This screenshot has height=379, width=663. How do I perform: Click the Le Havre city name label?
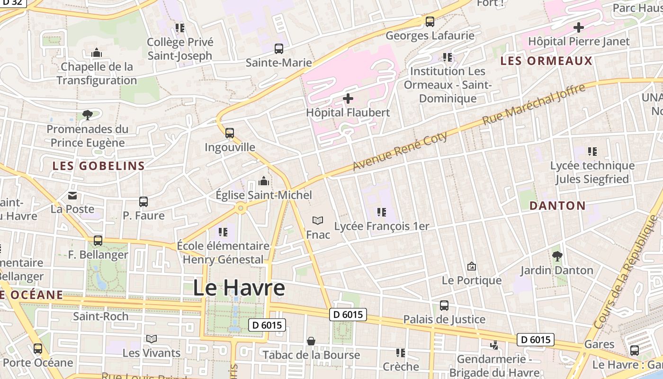click(239, 288)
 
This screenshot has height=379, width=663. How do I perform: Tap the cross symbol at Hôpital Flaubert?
click(348, 99)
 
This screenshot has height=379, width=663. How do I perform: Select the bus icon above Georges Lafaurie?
click(430, 21)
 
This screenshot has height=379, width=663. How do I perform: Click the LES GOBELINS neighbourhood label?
click(99, 166)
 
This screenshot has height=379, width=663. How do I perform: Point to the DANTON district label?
click(557, 206)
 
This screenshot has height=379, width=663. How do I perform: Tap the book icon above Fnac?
click(318, 220)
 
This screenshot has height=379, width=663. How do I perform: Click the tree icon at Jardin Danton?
click(557, 256)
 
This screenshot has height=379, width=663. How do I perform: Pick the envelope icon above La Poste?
click(72, 195)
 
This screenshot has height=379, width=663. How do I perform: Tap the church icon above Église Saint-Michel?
click(264, 181)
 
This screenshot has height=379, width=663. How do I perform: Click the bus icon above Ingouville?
click(230, 133)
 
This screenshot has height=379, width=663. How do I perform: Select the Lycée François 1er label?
click(382, 226)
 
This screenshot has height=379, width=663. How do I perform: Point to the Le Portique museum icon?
click(471, 266)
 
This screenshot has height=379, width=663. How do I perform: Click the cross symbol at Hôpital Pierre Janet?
click(578, 27)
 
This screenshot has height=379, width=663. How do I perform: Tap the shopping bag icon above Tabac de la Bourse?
click(311, 341)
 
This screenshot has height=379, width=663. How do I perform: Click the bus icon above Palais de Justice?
click(444, 306)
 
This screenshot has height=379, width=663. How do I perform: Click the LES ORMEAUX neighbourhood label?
click(546, 61)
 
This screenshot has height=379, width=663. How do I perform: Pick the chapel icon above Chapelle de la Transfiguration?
click(97, 53)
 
